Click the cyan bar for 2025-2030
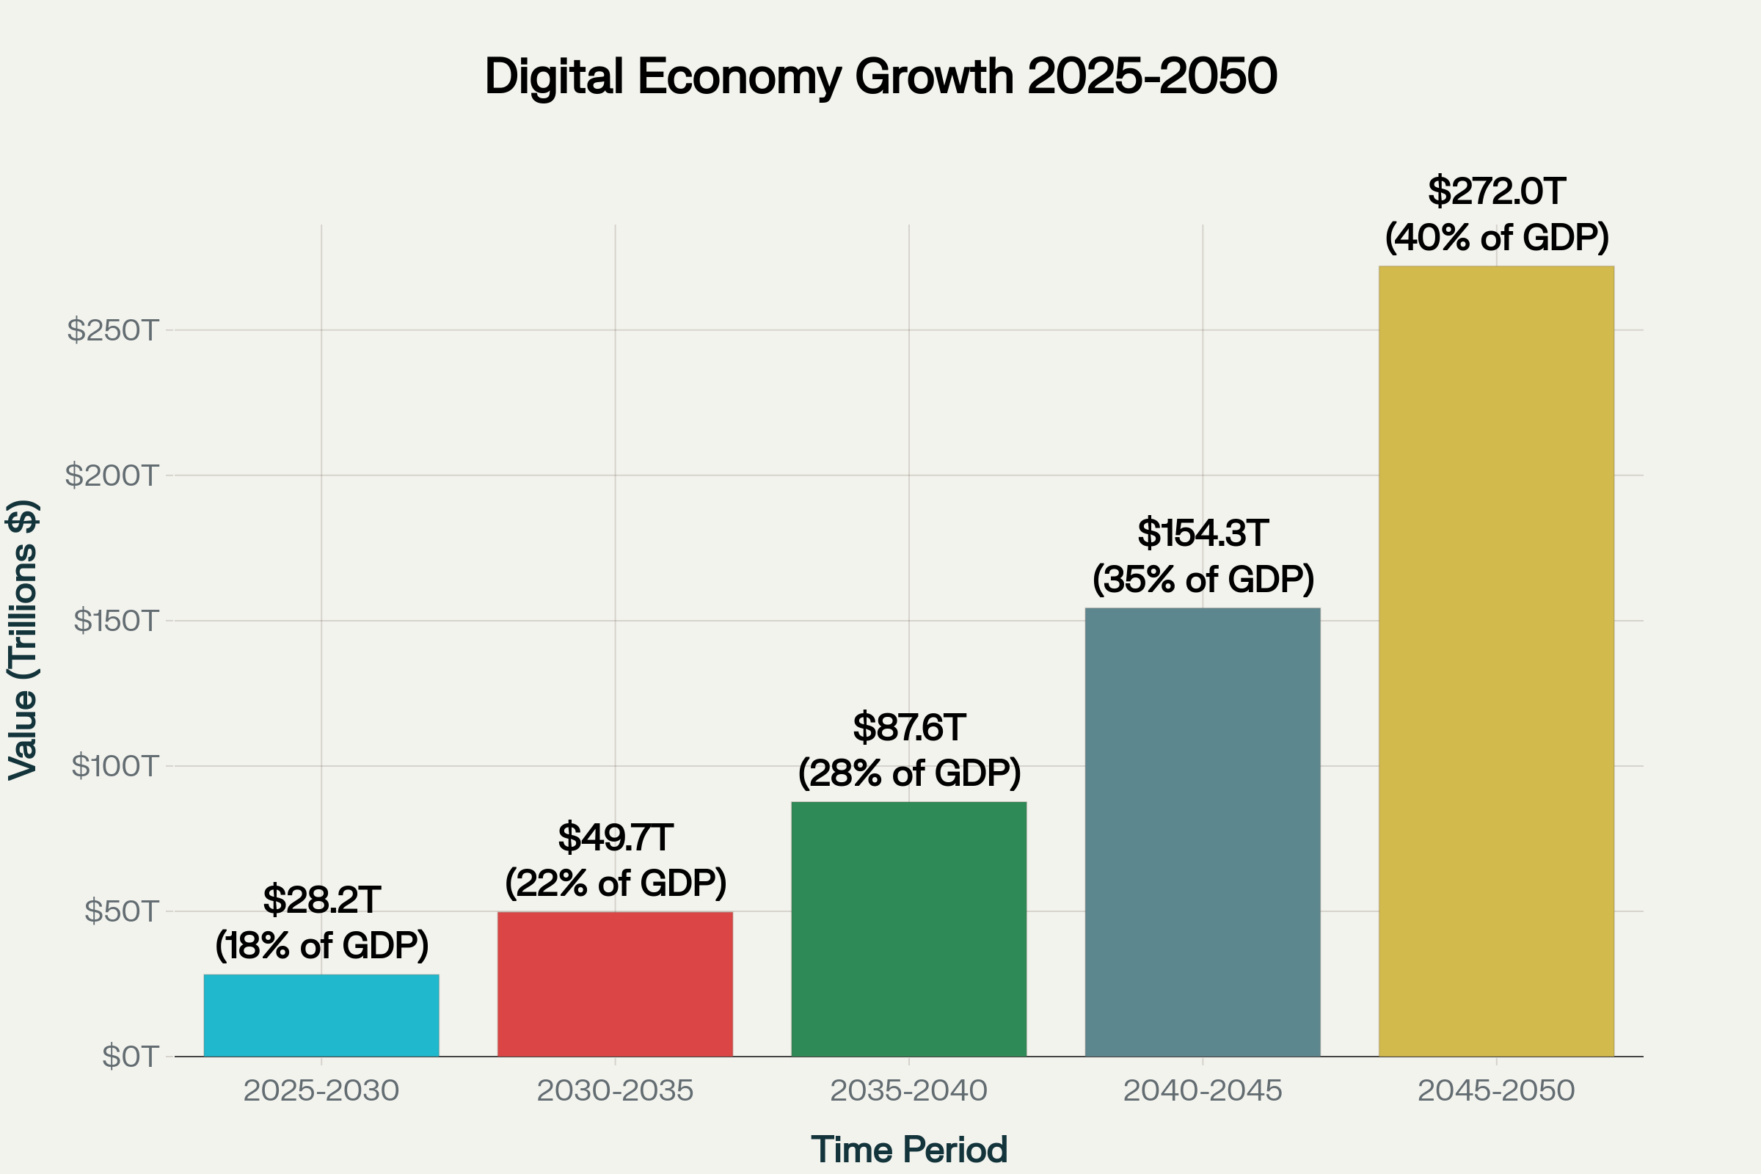coord(321,1016)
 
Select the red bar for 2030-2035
coord(615,984)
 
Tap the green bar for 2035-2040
coord(908,929)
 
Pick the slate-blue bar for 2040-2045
coord(1203,832)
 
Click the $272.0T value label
coord(1496,192)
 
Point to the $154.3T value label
coord(1203,534)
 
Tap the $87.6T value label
coord(909,728)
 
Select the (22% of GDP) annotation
coord(616,883)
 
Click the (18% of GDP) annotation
coord(322,946)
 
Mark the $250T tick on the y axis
coord(113,330)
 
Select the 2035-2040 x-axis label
coord(908,1091)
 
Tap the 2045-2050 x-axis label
coord(1496,1091)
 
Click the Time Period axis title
coord(909,1149)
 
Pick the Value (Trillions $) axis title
coord(23,640)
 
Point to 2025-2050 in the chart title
coord(1152,77)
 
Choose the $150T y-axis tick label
coord(115,621)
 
